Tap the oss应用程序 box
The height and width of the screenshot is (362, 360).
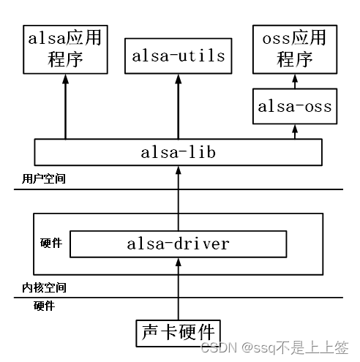point(295,48)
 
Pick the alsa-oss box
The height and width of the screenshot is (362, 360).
point(295,107)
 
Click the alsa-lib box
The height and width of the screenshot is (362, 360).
point(179,152)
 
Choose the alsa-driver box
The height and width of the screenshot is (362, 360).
point(179,244)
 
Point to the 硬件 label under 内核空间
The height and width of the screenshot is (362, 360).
point(44,306)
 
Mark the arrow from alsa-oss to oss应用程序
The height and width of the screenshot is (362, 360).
point(295,81)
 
